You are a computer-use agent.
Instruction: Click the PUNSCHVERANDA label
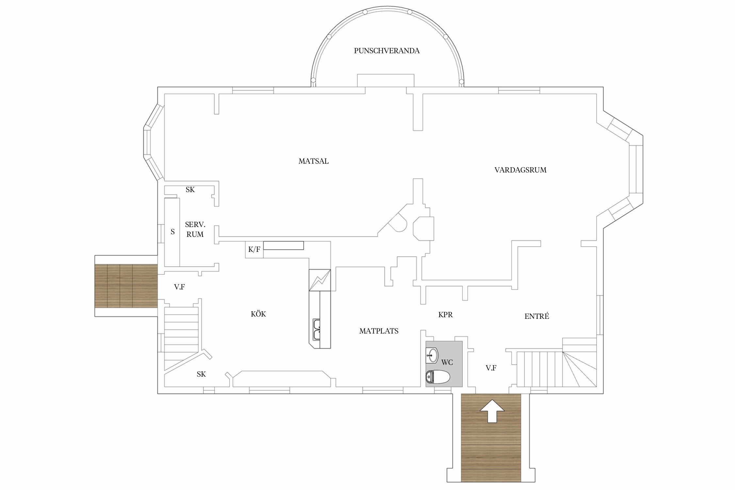[387, 51]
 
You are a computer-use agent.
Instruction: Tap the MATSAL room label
[314, 161]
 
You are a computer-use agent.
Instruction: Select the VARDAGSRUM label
[520, 170]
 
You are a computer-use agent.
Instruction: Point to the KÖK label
[258, 314]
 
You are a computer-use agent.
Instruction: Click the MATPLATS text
[379, 331]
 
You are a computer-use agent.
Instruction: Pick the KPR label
[446, 315]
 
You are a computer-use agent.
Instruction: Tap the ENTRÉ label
[537, 316]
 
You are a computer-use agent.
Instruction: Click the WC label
[447, 362]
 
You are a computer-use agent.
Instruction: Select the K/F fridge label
[254, 250]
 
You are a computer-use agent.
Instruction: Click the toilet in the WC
[438, 377]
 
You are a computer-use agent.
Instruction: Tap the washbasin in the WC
[433, 355]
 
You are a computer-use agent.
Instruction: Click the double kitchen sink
[317, 330]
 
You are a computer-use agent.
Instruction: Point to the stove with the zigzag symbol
[320, 280]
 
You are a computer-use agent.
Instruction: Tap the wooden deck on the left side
[126, 286]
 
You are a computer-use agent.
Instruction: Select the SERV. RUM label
[195, 230]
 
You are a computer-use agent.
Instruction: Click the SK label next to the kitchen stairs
[201, 374]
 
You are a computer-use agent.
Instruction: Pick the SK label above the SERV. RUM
[190, 190]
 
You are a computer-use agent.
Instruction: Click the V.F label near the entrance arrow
[491, 368]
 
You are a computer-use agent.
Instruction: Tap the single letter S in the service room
[173, 232]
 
